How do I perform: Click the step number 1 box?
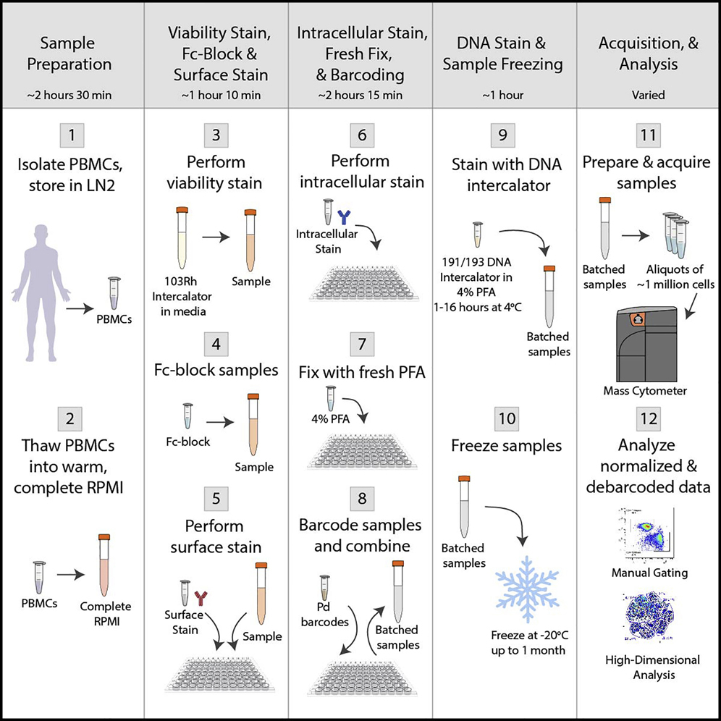point(72,135)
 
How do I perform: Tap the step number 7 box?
point(360,345)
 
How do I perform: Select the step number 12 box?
point(649,419)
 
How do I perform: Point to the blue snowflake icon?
point(532,583)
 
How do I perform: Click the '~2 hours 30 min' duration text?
point(72,95)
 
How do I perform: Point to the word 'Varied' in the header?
point(648,95)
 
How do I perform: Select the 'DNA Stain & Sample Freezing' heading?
point(504,54)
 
